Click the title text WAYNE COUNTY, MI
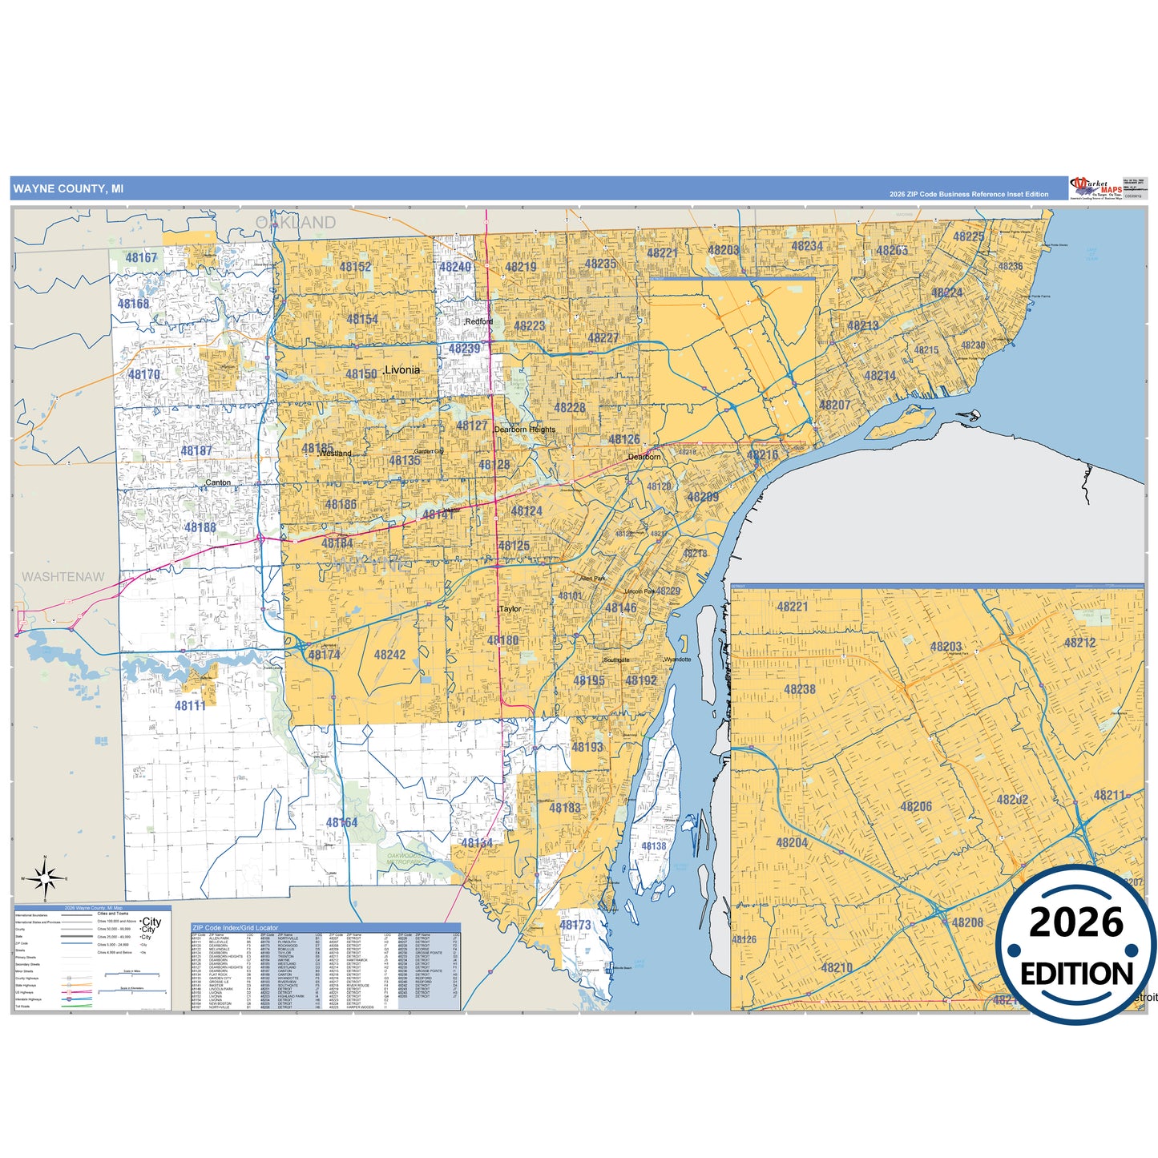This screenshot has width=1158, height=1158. tap(68, 189)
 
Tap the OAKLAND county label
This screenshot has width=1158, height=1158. tap(296, 223)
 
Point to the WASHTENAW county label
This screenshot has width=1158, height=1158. tap(63, 577)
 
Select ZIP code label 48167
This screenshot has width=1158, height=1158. tap(142, 257)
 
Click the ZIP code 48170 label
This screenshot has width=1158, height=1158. tap(144, 374)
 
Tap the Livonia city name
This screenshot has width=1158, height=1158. tap(401, 370)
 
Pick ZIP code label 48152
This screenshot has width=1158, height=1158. tap(355, 267)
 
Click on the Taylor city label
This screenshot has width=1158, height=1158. tap(510, 609)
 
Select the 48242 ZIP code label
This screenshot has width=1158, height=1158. tap(389, 655)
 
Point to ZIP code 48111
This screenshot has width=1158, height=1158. tap(191, 705)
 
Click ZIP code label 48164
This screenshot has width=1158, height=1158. tap(342, 823)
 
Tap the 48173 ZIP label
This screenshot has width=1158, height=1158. tap(575, 925)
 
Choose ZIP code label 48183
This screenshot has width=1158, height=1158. tap(565, 808)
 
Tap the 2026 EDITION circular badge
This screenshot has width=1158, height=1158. tap(1076, 946)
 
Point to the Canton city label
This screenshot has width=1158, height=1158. tap(218, 482)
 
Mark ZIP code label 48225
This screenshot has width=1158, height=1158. tap(969, 236)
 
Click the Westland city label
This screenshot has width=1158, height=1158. tap(335, 454)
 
